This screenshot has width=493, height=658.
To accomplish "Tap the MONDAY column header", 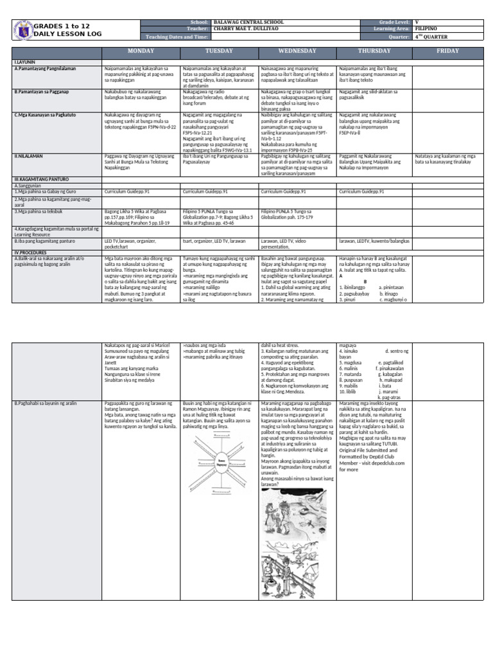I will pos(140,50).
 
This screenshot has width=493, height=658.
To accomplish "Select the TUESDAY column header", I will pos(219,50).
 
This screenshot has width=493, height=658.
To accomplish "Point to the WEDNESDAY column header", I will pos(297,50).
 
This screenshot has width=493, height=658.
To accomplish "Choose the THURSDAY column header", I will pos(374,50).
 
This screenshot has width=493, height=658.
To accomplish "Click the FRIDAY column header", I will pos(447,50).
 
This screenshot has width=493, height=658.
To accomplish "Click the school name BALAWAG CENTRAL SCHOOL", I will pos(249,22).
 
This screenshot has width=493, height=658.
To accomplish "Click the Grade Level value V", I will pos(417,22).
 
